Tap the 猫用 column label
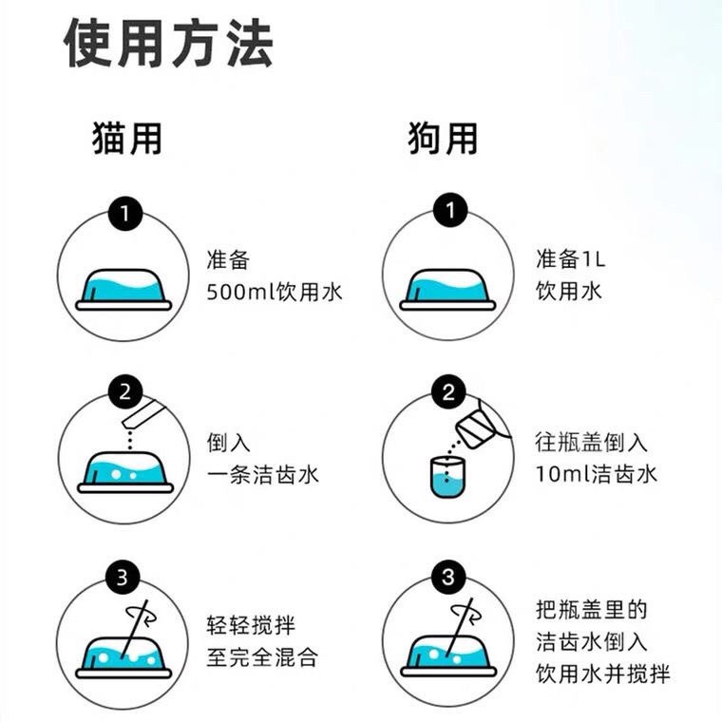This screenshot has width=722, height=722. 127,139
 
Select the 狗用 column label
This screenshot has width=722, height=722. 443,139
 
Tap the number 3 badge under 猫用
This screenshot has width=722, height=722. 123,576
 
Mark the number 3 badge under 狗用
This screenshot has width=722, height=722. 446,576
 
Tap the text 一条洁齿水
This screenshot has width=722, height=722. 262,474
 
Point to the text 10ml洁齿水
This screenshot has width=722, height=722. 596,474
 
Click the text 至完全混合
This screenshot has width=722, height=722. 262,656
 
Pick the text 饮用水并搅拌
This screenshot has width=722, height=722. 602,674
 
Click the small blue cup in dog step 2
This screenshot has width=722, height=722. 445,474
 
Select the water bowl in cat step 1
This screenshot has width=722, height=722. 126,287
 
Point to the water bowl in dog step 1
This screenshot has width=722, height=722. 449,287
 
